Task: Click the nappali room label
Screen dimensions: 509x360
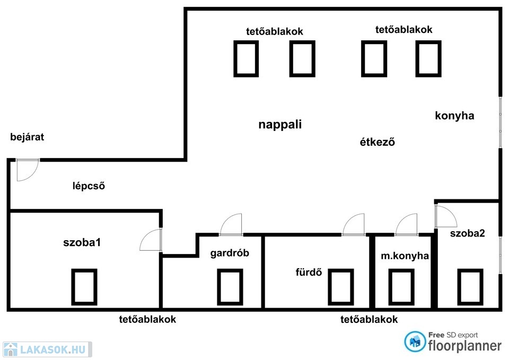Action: click(x=280, y=124)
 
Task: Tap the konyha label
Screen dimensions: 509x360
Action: click(x=454, y=116)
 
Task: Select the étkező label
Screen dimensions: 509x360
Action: click(x=377, y=142)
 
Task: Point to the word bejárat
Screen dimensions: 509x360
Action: click(x=27, y=137)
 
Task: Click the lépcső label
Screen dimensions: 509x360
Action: click(x=89, y=186)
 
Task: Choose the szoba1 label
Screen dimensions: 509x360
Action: click(x=82, y=242)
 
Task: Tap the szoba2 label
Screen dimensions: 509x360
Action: click(x=468, y=233)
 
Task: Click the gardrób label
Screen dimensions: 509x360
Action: click(x=230, y=253)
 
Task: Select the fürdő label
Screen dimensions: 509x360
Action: click(x=309, y=272)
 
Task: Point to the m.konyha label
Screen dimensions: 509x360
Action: click(x=405, y=256)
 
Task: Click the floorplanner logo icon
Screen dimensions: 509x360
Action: click(x=415, y=341)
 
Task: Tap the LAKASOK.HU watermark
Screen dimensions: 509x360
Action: click(x=47, y=349)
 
